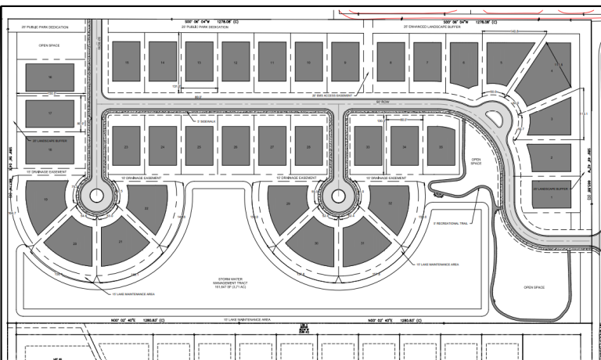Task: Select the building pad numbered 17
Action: (50, 113)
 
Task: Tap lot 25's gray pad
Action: (200, 146)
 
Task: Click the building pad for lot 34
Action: (404, 146)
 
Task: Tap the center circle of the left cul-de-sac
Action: (97, 197)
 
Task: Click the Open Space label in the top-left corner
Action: (49, 46)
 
